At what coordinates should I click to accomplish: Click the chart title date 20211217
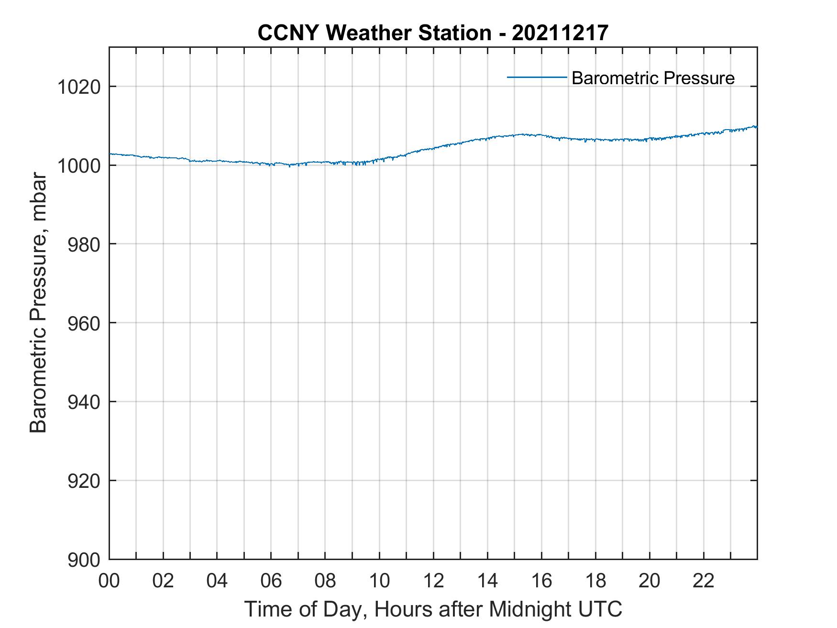pyautogui.click(x=560, y=33)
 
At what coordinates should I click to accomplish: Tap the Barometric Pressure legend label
pyautogui.click(x=653, y=78)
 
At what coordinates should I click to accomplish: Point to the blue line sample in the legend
pyautogui.click(x=537, y=77)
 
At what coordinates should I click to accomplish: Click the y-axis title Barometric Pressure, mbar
pyautogui.click(x=39, y=303)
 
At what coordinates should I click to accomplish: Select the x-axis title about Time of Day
pyautogui.click(x=433, y=609)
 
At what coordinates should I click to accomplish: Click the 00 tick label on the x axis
pyautogui.click(x=109, y=581)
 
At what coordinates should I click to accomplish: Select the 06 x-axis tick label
pyautogui.click(x=271, y=581)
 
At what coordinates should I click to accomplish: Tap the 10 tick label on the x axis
pyautogui.click(x=379, y=581)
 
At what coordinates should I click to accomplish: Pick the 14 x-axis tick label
pyautogui.click(x=487, y=581)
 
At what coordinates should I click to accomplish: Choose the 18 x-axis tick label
pyautogui.click(x=595, y=581)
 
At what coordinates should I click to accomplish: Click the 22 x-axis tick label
pyautogui.click(x=704, y=581)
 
